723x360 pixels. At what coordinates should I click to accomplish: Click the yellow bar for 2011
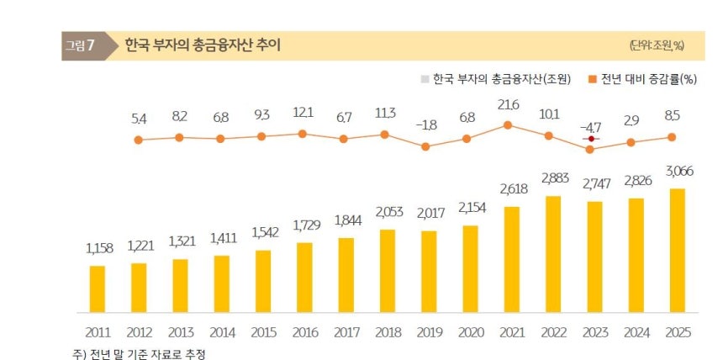click(98, 289)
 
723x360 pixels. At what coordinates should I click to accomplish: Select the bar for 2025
click(676, 250)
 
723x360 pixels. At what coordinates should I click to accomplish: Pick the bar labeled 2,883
click(552, 254)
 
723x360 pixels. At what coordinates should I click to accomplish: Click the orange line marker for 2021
click(508, 125)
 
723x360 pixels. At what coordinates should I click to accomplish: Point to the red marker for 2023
click(591, 139)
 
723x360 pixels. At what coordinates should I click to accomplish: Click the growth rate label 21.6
click(508, 103)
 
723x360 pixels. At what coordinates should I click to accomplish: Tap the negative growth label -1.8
click(425, 124)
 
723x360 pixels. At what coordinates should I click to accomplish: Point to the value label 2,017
click(429, 213)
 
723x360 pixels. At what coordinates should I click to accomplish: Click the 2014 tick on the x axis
click(221, 332)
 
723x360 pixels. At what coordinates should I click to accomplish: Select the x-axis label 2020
click(469, 332)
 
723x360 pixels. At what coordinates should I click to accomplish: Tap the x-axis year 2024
click(635, 332)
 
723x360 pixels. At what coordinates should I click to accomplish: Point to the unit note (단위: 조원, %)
click(656, 45)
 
